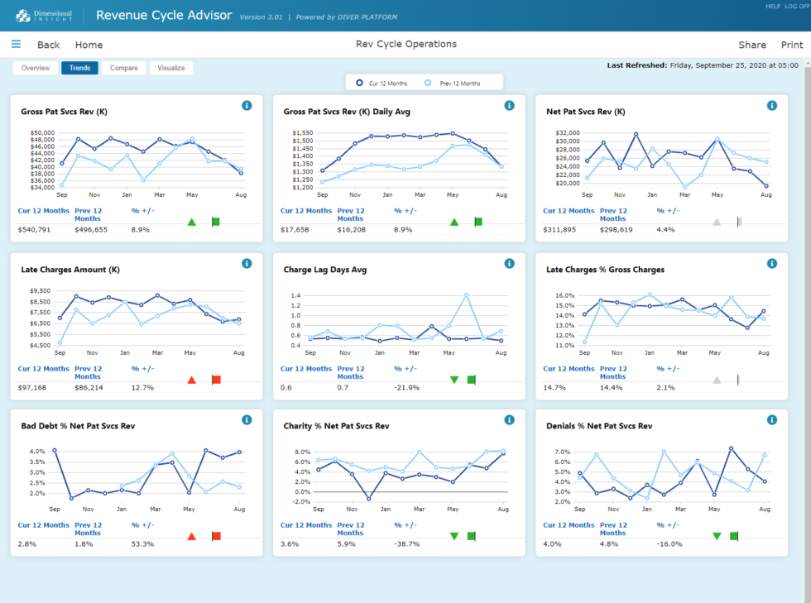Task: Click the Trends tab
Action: tap(79, 68)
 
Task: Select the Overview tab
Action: tap(36, 68)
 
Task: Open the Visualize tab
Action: tap(171, 68)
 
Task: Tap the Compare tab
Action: tap(124, 68)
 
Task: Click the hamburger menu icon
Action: tap(16, 45)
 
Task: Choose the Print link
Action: tap(791, 45)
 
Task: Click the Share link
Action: tap(752, 45)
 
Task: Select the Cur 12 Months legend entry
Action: tap(384, 83)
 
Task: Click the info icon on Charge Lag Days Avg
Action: tap(509, 263)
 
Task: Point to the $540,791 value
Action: tap(35, 229)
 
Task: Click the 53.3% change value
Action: tap(142, 543)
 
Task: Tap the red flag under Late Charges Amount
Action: tap(216, 380)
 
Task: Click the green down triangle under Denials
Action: tap(717, 536)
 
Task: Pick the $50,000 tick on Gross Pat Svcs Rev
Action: tap(41, 132)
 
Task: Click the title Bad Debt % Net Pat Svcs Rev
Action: tap(78, 426)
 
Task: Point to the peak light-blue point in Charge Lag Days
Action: tap(467, 294)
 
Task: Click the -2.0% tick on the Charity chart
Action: tap(301, 502)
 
